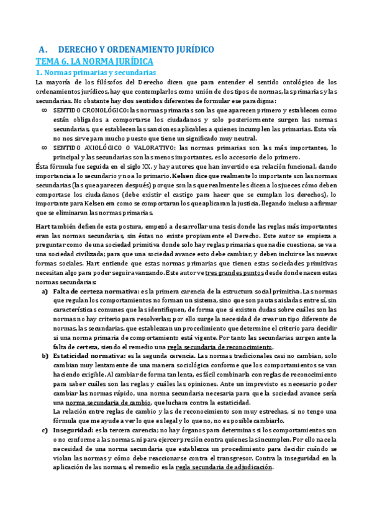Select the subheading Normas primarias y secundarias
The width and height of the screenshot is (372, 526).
click(x=98, y=73)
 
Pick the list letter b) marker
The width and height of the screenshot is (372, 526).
click(x=45, y=356)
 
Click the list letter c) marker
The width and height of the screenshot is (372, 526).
click(x=44, y=430)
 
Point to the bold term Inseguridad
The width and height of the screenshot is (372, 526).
click(x=73, y=430)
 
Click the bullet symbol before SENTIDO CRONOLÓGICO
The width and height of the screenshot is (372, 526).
click(x=43, y=110)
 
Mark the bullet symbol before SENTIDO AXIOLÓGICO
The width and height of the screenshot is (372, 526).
click(x=43, y=148)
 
